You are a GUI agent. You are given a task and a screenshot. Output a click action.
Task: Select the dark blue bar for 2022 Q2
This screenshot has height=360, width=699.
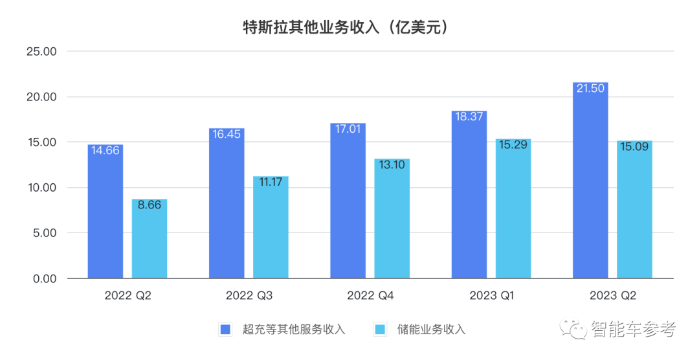(105, 214)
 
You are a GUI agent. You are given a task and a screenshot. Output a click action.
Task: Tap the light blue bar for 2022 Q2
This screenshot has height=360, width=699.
(150, 240)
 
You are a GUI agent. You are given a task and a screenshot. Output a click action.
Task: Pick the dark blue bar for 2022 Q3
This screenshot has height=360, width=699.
(227, 204)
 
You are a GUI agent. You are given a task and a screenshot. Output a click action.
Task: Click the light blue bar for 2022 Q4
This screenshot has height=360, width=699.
(392, 220)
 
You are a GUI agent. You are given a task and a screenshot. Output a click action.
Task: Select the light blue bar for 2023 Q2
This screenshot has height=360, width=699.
(634, 210)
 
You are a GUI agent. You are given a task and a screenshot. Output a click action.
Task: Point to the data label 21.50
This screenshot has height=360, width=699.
(590, 89)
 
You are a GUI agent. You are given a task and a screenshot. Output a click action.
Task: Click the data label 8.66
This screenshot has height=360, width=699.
(150, 206)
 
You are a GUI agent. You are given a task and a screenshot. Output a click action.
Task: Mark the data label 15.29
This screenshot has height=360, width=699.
(513, 145)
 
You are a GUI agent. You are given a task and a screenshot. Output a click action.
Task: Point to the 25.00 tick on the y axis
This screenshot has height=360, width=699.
(41, 52)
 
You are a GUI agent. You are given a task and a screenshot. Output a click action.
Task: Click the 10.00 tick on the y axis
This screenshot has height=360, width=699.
(41, 188)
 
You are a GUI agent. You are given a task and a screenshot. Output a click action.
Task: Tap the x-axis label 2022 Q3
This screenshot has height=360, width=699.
(249, 296)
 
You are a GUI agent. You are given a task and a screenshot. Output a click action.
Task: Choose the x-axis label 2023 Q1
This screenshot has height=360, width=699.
(492, 296)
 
